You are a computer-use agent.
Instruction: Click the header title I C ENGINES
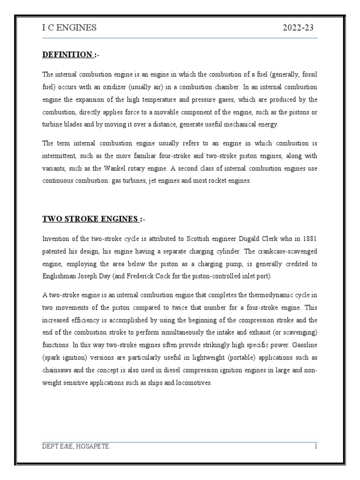tap(69, 28)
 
